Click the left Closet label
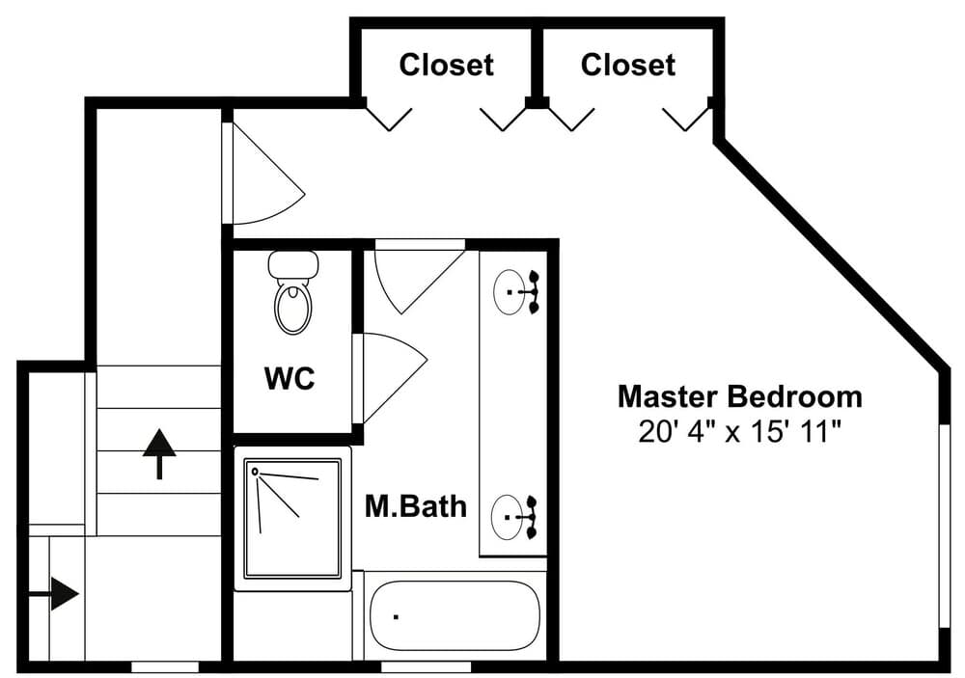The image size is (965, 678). (x=446, y=65)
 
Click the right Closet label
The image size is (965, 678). (x=628, y=65)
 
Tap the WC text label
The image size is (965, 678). (x=289, y=378)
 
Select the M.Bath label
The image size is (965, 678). (x=416, y=505)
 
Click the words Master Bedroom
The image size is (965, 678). (x=740, y=396)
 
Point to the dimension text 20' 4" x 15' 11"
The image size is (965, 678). (x=739, y=431)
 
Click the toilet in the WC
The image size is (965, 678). (x=293, y=293)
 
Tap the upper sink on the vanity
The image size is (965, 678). (x=510, y=292)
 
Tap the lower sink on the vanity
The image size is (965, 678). (x=509, y=517)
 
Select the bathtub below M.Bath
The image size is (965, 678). (x=455, y=615)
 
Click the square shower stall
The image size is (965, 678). (x=292, y=518)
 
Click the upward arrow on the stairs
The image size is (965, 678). (x=159, y=453)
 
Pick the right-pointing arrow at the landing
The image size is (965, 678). (x=55, y=594)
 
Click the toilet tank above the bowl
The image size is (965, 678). (x=293, y=264)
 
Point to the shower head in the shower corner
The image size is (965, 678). (x=255, y=472)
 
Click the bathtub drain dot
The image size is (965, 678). (x=396, y=616)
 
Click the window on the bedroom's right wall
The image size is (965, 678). (x=944, y=526)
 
